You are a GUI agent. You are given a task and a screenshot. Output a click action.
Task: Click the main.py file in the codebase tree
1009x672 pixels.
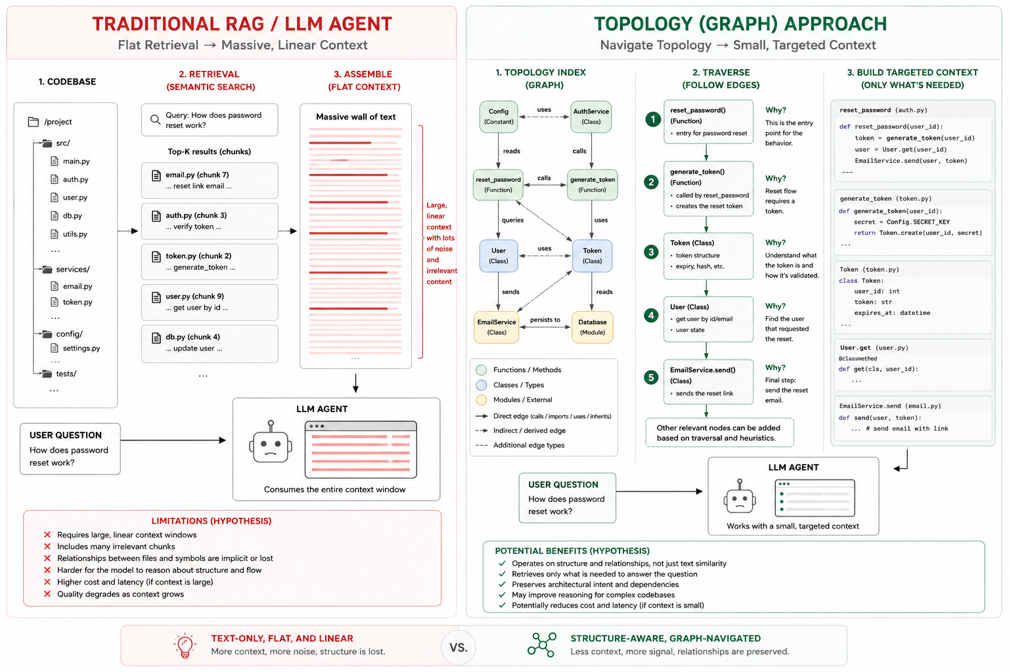(70, 161)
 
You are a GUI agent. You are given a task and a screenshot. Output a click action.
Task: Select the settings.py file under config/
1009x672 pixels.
(76, 348)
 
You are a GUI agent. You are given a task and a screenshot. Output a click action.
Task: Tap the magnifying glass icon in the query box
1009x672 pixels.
(156, 119)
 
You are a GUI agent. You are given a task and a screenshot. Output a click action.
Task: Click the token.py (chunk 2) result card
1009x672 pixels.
(210, 261)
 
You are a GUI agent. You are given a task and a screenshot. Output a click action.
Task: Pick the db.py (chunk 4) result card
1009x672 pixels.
(210, 344)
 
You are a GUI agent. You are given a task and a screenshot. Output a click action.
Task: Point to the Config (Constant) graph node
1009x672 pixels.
(498, 117)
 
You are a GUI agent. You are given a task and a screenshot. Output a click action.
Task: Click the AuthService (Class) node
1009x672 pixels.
(591, 117)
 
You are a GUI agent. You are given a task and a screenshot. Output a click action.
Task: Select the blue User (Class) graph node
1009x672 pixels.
(498, 256)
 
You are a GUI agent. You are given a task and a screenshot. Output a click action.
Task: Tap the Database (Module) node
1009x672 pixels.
(593, 327)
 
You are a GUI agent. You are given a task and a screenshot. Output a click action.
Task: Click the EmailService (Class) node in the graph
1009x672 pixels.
(497, 327)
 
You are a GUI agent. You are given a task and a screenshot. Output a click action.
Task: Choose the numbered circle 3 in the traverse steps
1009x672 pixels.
(651, 252)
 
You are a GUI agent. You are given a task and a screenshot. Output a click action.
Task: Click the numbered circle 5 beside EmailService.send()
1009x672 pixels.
(651, 377)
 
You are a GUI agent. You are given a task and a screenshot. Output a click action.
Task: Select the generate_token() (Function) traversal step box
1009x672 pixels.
(709, 189)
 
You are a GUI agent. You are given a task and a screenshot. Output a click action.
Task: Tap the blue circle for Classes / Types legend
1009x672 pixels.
(482, 385)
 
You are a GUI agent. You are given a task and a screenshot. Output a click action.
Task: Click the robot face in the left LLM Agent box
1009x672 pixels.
(270, 444)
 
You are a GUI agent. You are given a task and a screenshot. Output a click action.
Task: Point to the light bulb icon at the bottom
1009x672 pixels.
(185, 646)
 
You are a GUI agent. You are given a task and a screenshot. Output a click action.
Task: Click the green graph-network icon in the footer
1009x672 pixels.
(542, 644)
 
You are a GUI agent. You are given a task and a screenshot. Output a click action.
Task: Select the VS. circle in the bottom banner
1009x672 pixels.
(459, 647)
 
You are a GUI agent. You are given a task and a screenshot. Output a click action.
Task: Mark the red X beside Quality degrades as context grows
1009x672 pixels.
(47, 594)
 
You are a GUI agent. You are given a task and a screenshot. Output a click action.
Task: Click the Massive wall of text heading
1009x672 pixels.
(356, 117)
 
